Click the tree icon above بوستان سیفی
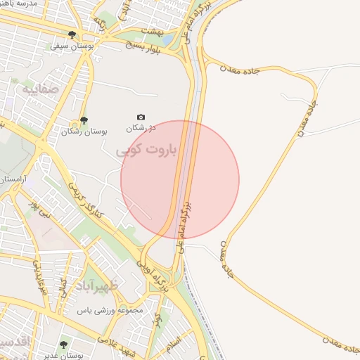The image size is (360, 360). pos(72,34)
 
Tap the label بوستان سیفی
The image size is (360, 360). pos(69,46)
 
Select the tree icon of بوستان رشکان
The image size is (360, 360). pos(84,120)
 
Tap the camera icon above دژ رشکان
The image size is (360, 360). pos(141,117)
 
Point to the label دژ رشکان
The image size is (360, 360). pos(140,129)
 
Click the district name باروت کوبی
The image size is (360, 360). pos(155,150)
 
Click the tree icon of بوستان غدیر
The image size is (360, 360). pos(64,345)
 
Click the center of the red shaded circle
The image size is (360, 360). pos(180,179)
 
